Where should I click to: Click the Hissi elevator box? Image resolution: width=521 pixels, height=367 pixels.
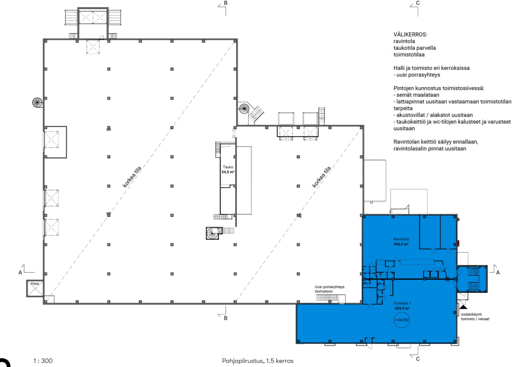tap(35, 288)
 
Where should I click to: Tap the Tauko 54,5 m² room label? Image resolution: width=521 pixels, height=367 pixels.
tap(228, 170)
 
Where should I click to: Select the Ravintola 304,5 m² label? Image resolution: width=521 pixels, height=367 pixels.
tap(401, 242)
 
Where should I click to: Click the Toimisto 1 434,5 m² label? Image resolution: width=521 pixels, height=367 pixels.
tap(402, 306)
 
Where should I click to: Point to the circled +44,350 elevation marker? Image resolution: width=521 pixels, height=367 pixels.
tap(402, 320)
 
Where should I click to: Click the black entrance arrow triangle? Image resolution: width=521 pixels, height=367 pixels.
tap(463, 307)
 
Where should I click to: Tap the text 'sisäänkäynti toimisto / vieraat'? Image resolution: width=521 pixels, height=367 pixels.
tap(475, 317)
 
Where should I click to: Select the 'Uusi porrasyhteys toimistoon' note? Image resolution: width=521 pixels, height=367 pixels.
tap(330, 289)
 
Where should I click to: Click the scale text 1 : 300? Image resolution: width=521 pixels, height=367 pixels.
tap(43, 361)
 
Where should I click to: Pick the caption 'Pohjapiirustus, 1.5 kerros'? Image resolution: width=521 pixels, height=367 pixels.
tap(258, 361)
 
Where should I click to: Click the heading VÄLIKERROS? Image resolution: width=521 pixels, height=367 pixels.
tap(410, 35)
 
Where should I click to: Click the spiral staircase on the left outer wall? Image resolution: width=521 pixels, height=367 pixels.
tap(37, 102)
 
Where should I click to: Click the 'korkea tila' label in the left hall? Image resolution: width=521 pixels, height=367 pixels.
tap(132, 177)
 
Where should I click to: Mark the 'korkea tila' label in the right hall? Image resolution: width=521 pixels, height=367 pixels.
tap(321, 177)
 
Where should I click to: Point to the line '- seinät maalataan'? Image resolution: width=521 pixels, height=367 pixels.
tap(416, 95)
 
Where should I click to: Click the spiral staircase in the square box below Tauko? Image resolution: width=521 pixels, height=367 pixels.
tap(212, 233)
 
